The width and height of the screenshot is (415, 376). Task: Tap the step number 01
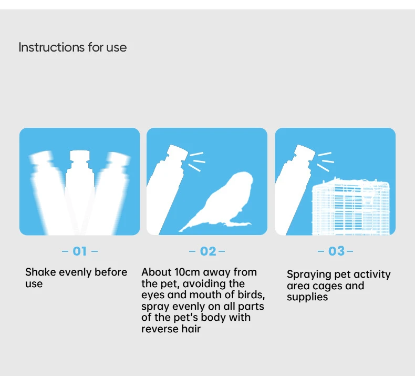[x=80, y=251]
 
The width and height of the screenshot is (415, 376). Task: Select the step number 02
[x=208, y=251]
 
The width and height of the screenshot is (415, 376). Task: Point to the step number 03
[x=336, y=251]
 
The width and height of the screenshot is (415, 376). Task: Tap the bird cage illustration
[x=351, y=207]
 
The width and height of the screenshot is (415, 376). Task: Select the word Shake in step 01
[x=40, y=272]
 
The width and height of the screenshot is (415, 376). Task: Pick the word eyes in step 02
[x=153, y=295]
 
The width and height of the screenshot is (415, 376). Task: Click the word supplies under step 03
[x=307, y=297]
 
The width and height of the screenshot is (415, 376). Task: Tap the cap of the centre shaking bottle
[x=79, y=156]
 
